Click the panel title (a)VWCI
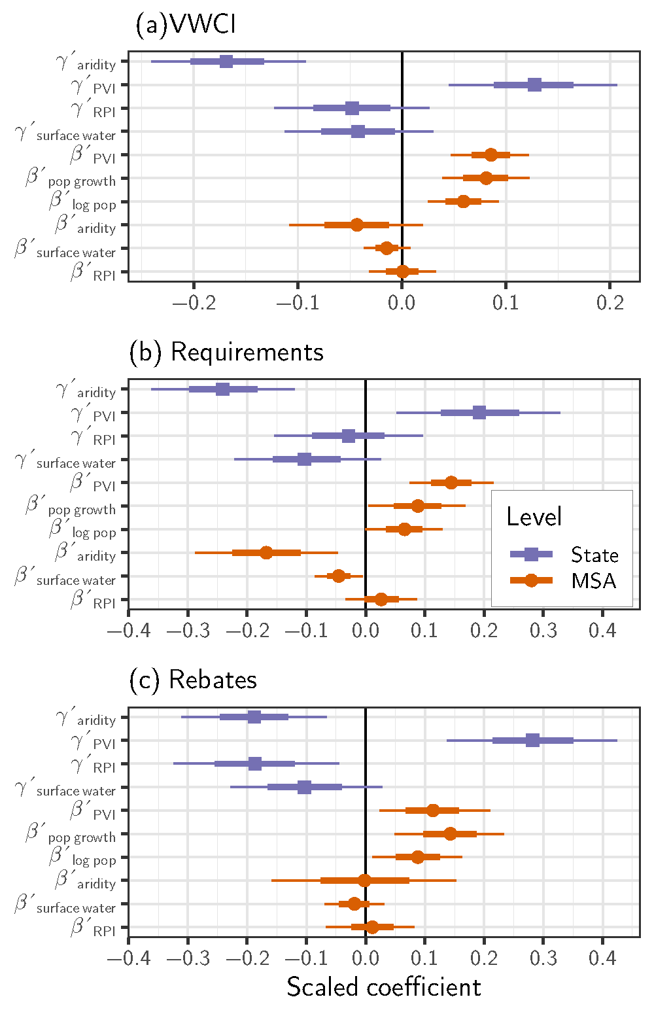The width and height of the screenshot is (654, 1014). [x=185, y=25]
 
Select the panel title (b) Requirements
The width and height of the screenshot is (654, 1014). [x=226, y=352]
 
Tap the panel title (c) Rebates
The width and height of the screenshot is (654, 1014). [x=193, y=680]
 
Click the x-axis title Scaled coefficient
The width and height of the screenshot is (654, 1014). [x=383, y=987]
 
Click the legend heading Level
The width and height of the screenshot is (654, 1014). [x=534, y=517]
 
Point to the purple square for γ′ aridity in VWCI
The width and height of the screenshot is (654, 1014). [x=226, y=61]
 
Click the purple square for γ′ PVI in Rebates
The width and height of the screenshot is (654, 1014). [x=532, y=740]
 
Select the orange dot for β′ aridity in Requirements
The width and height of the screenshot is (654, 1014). [x=266, y=553]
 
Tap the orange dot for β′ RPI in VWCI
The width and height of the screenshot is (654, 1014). [x=402, y=271]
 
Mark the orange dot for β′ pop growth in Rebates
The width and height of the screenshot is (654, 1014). [x=450, y=833]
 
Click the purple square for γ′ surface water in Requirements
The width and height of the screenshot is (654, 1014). [x=304, y=459]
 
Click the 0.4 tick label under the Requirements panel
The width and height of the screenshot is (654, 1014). [x=602, y=631]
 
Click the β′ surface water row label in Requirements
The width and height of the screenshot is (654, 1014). [x=65, y=578]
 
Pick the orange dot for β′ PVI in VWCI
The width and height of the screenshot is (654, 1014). [x=490, y=155]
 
